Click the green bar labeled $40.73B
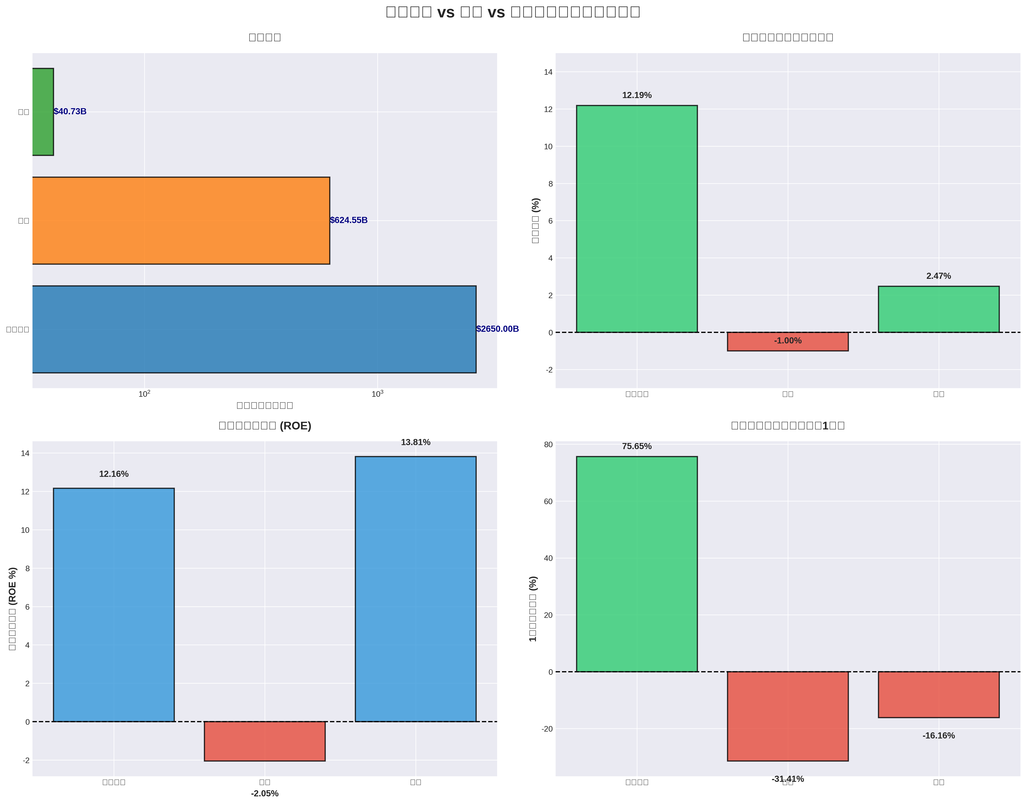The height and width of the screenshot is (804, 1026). click(x=43, y=112)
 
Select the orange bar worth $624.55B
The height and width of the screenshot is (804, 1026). click(x=181, y=220)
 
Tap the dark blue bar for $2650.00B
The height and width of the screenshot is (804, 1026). click(x=254, y=329)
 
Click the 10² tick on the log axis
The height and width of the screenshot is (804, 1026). click(x=144, y=394)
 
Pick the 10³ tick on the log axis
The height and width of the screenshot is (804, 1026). click(x=377, y=394)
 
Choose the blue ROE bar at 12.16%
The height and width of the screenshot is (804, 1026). click(x=113, y=605)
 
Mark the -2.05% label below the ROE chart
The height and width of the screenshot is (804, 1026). click(x=264, y=794)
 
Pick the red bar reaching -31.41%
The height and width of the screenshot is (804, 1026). click(x=787, y=716)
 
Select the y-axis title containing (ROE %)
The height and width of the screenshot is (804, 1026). click(x=13, y=608)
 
